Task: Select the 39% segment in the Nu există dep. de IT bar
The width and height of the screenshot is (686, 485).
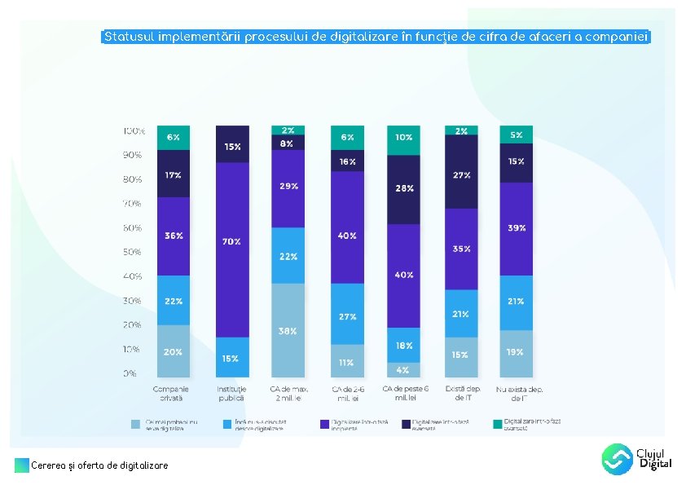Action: [517, 229]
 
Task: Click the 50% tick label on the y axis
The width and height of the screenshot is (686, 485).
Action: [133, 252]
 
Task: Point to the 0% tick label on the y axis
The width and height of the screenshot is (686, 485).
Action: [130, 374]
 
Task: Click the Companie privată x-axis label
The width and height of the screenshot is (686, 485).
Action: [171, 393]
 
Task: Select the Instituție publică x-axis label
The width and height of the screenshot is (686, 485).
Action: [231, 393]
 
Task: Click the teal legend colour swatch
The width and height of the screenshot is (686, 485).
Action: [497, 425]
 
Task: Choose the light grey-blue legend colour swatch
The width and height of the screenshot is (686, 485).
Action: [136, 425]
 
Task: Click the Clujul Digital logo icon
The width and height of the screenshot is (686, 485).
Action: [617, 459]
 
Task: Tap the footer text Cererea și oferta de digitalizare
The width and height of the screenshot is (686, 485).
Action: [99, 465]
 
